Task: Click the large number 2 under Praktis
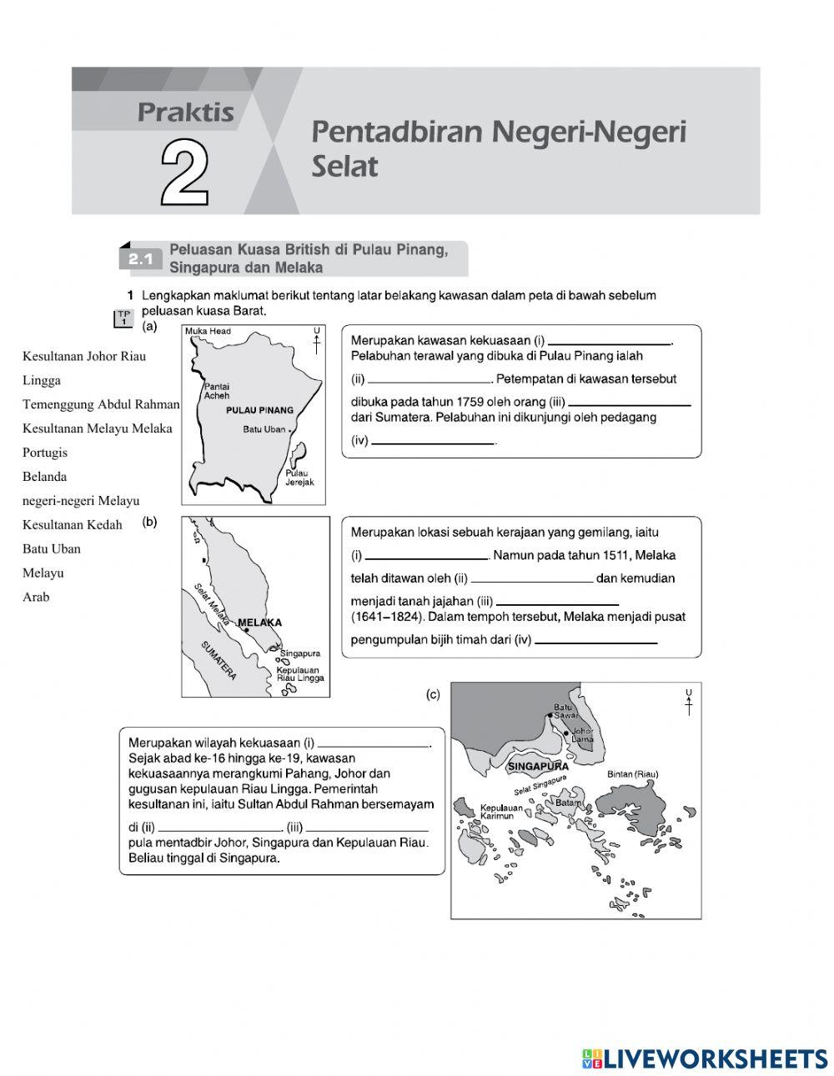click(x=184, y=173)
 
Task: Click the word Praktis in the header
click(x=185, y=113)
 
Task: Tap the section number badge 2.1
click(x=141, y=260)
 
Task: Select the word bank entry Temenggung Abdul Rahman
click(x=100, y=404)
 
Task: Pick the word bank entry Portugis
click(x=45, y=453)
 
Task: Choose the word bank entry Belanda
click(x=44, y=477)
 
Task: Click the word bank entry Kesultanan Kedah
click(x=72, y=524)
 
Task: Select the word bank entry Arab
click(x=36, y=597)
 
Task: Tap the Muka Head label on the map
click(x=208, y=332)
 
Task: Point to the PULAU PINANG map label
click(x=259, y=410)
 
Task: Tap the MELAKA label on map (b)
click(x=260, y=623)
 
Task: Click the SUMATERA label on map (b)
click(x=219, y=660)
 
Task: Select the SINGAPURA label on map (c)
click(x=538, y=766)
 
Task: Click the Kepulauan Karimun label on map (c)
click(x=501, y=811)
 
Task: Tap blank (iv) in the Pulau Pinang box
click(x=433, y=441)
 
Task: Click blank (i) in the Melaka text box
click(x=426, y=555)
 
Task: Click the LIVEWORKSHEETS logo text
click(x=715, y=1058)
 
